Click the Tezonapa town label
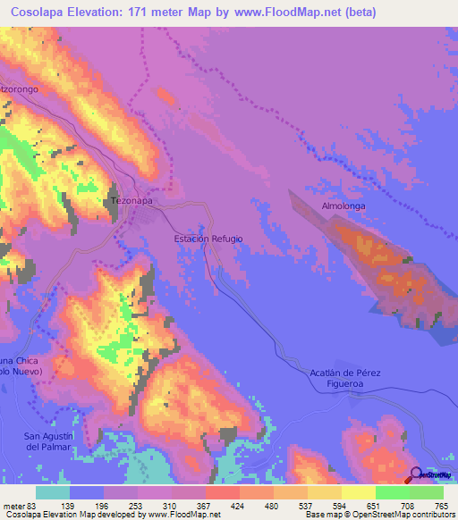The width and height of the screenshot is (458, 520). tap(131, 201)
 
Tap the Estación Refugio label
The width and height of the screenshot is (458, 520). tap(208, 239)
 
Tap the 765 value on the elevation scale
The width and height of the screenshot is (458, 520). tap(441, 507)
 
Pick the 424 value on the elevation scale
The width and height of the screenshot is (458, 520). tap(239, 507)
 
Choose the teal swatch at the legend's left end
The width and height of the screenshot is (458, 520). tap(53, 492)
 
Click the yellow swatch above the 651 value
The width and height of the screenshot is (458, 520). tap(358, 492)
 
